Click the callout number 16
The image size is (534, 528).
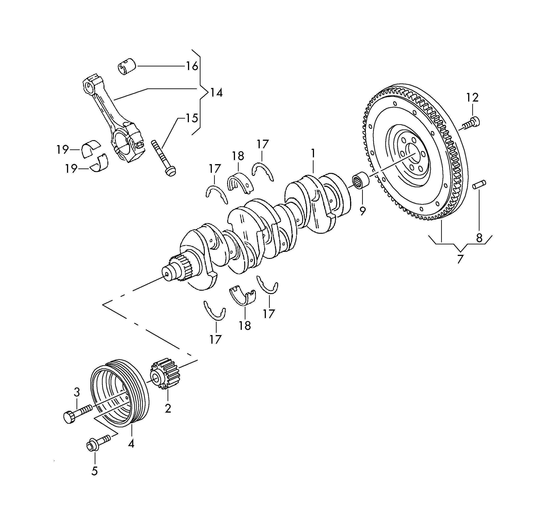tap(192, 66)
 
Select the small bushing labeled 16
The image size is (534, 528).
tap(127, 66)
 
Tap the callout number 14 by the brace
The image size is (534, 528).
tap(216, 93)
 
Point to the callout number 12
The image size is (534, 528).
tap(472, 97)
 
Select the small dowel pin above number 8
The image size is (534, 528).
tap(479, 184)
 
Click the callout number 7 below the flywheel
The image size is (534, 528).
tap(460, 259)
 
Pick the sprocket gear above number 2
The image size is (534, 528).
tap(164, 374)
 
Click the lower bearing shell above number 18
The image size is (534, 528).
tap(243, 296)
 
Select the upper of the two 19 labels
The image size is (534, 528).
tap(62, 150)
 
